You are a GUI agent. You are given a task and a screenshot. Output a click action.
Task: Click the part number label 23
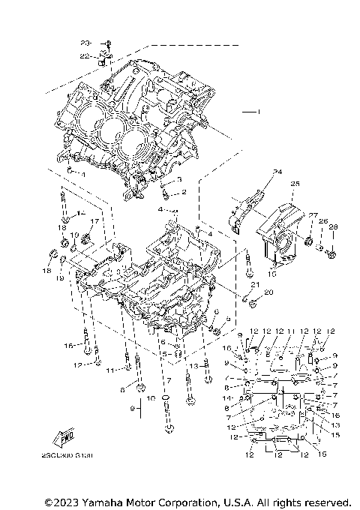click(85, 42)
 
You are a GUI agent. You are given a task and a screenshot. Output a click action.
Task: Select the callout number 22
click(85, 56)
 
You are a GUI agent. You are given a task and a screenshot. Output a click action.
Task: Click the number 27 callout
click(313, 215)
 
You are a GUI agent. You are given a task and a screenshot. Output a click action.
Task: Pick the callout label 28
click(334, 226)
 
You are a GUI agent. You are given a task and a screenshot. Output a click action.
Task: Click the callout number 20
click(269, 292)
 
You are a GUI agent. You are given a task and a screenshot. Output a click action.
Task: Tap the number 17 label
click(94, 221)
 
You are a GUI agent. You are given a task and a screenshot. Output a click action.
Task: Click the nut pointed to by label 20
click(253, 304)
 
